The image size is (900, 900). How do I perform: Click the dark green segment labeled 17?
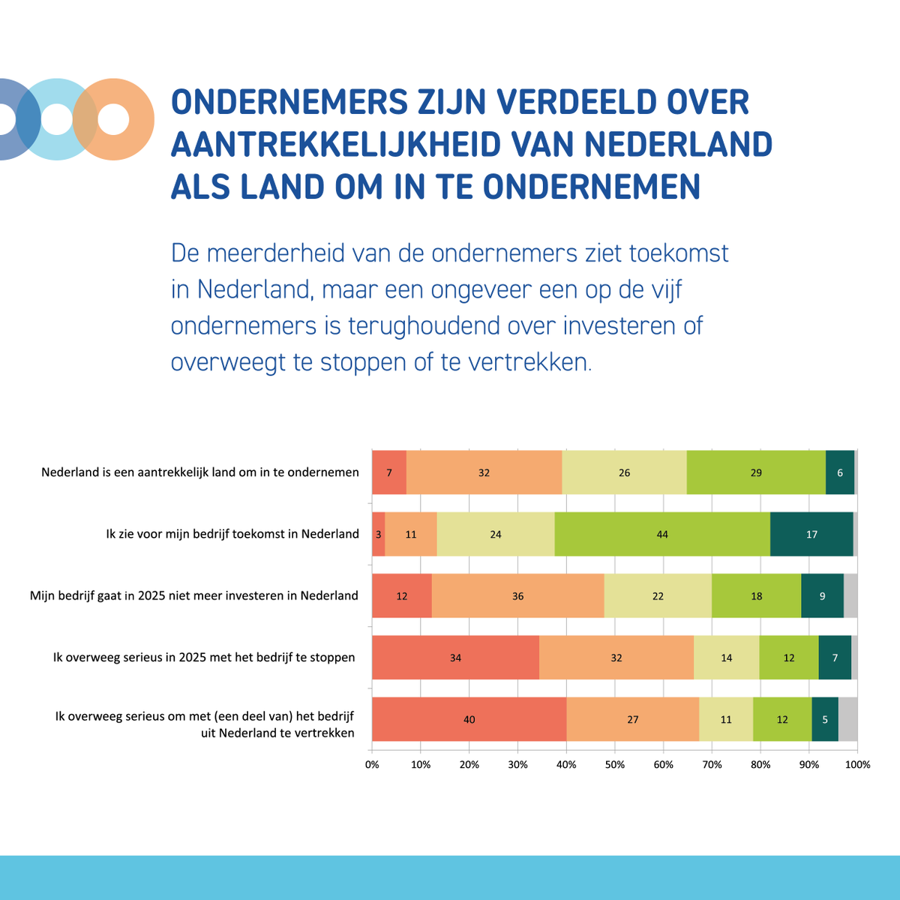pyautogui.click(x=811, y=534)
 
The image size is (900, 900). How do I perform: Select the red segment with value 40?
pyautogui.click(x=469, y=719)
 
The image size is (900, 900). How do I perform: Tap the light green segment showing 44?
pyautogui.click(x=661, y=534)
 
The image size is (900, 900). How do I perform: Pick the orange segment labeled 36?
pyautogui.click(x=517, y=596)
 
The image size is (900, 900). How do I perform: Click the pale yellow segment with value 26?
pyautogui.click(x=624, y=472)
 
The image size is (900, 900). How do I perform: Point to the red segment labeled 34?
pyautogui.click(x=455, y=658)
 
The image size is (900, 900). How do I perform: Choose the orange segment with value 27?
pyautogui.click(x=632, y=719)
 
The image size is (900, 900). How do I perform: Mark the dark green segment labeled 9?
pyautogui.click(x=822, y=596)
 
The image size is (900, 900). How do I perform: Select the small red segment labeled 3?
pyautogui.click(x=378, y=534)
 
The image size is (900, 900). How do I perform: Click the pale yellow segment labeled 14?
pyautogui.click(x=726, y=658)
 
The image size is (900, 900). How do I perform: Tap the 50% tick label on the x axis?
pyautogui.click(x=615, y=765)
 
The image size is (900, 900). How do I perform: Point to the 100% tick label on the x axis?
pyautogui.click(x=857, y=765)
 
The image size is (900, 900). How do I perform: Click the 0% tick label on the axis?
pyautogui.click(x=372, y=765)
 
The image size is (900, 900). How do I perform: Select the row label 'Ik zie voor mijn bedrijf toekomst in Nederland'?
pyautogui.click(x=232, y=534)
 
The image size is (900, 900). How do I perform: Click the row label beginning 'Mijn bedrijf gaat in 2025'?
pyautogui.click(x=194, y=595)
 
